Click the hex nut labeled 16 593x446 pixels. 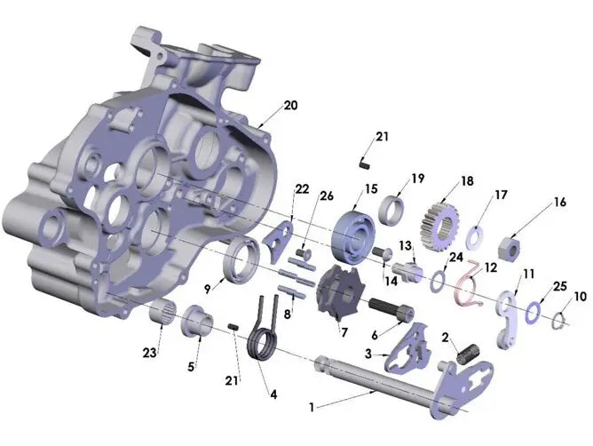pos(510,248)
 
